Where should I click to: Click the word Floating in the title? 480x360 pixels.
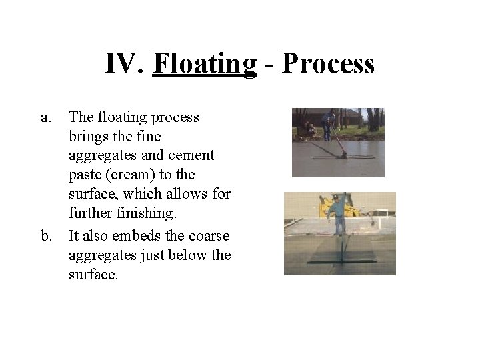pyautogui.click(x=205, y=65)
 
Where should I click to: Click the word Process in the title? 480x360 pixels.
pyautogui.click(x=328, y=65)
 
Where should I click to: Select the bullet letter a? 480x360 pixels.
pyautogui.click(x=46, y=117)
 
